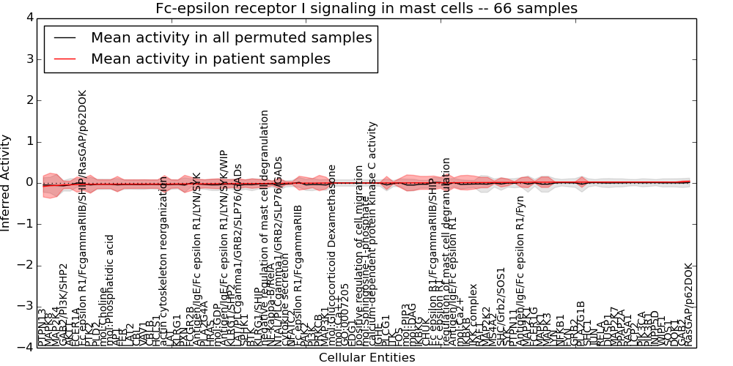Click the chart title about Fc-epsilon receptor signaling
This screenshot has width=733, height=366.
pyautogui.click(x=366, y=8)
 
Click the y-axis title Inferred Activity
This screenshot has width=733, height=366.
pyautogui.click(x=7, y=182)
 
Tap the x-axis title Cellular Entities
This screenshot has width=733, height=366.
pyautogui.click(x=366, y=358)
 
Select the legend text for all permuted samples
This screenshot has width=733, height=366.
pyautogui.click(x=231, y=37)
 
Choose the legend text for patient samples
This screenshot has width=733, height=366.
pyautogui.click(x=210, y=59)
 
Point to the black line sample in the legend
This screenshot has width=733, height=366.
pyautogui.click(x=64, y=37)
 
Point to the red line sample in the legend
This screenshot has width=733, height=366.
pyautogui.click(x=64, y=59)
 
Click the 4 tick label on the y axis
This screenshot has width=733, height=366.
pyautogui.click(x=27, y=17)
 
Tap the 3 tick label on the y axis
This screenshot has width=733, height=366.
pyautogui.click(x=27, y=59)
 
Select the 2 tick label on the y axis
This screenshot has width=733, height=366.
pyautogui.click(x=27, y=100)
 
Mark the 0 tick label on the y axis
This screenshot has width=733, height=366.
pyautogui.click(x=27, y=182)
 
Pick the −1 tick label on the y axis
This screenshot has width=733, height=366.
pyautogui.click(x=24, y=224)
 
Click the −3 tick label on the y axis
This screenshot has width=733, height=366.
pyautogui.click(x=24, y=307)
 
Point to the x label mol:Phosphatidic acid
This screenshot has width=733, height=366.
pyautogui.click(x=110, y=290)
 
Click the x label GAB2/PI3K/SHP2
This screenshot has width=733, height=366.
pyautogui.click(x=64, y=305)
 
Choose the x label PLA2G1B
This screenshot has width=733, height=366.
pyautogui.click(x=581, y=323)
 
